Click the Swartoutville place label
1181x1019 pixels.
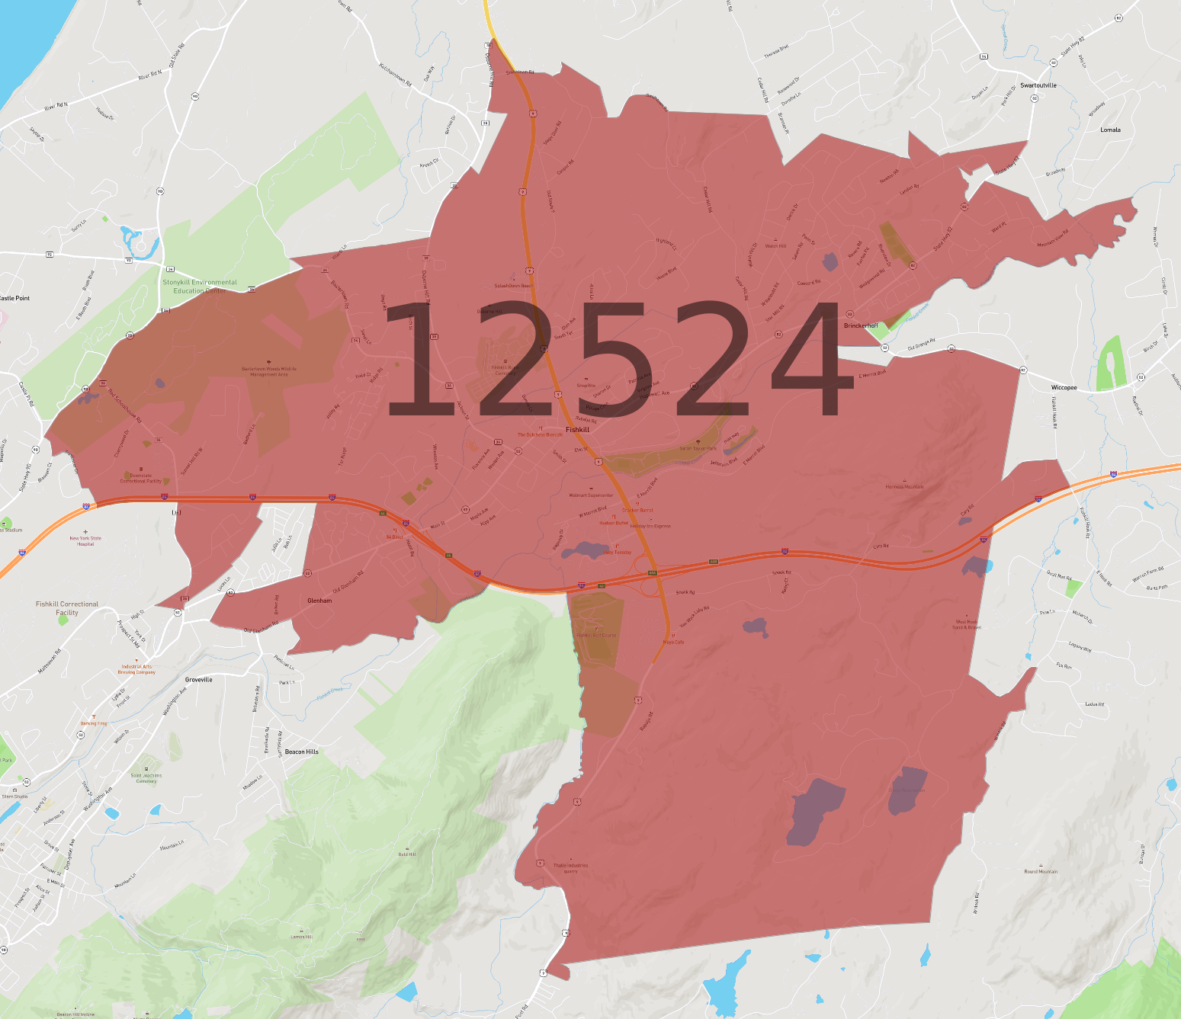point(1038,85)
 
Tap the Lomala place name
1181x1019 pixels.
point(1110,130)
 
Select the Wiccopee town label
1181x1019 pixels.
point(1064,388)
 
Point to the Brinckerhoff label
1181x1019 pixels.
point(861,325)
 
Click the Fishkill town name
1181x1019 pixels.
point(577,430)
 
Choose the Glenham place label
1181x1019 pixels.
point(319,601)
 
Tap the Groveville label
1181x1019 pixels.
point(198,679)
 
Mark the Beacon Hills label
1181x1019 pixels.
point(302,751)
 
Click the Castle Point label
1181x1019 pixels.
point(15,298)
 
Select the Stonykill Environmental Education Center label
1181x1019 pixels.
point(200,286)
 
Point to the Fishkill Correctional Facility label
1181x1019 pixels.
point(67,608)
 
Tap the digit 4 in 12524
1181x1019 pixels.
point(812,358)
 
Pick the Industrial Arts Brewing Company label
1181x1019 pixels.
point(138,669)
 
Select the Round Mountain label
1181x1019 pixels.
point(1041,871)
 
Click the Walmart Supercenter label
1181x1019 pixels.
point(591,495)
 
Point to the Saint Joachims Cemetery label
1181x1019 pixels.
point(146,778)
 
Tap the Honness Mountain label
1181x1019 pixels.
point(904,486)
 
